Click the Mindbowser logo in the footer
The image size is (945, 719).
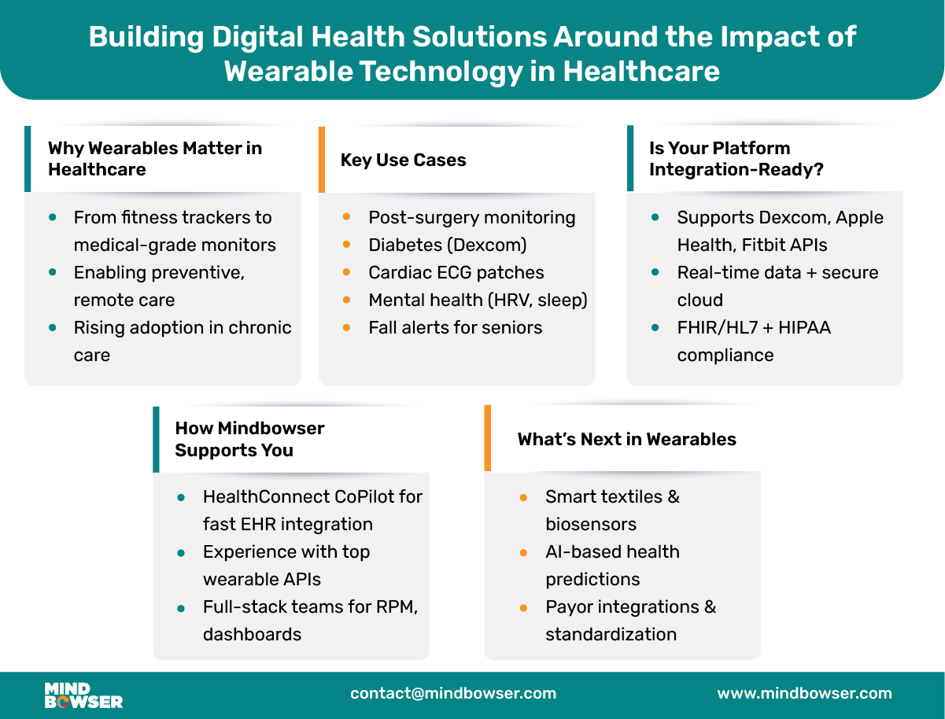(x=83, y=694)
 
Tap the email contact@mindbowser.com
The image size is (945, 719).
(x=453, y=694)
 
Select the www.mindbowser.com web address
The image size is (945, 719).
(x=804, y=694)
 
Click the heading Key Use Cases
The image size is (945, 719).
(x=403, y=160)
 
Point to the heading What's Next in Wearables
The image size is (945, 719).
(x=626, y=439)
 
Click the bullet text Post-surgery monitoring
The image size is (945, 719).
(x=471, y=217)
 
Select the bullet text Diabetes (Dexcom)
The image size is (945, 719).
(x=447, y=245)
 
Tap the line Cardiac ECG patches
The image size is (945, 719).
(x=456, y=272)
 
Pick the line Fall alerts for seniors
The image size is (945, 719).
(x=455, y=327)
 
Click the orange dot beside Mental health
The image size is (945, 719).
(x=347, y=300)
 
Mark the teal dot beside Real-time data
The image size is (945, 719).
(x=656, y=272)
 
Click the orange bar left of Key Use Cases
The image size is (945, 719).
(x=321, y=160)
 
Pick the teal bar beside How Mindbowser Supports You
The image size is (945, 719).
(x=156, y=439)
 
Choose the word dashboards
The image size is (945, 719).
(x=252, y=634)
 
